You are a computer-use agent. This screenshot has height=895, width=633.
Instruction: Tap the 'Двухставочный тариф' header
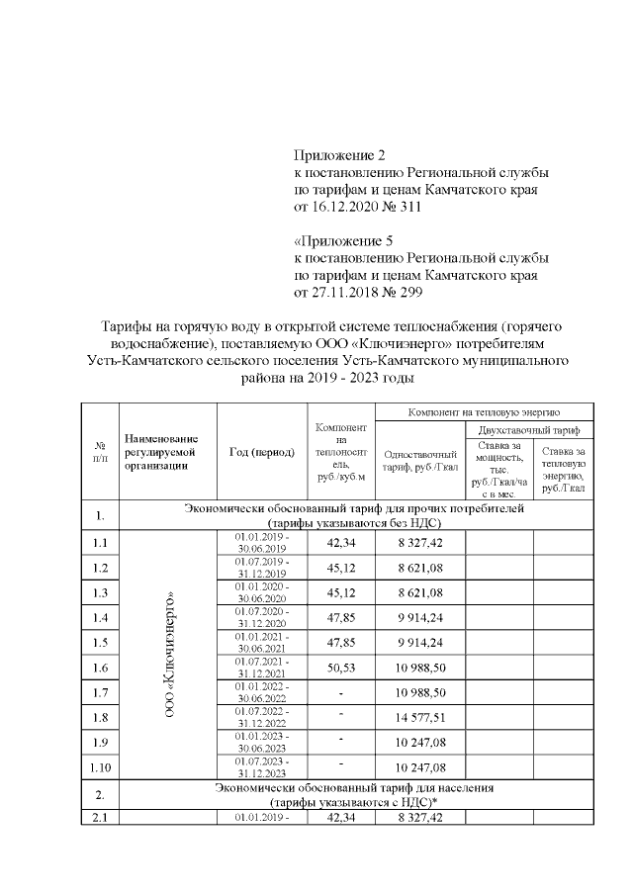tap(528, 430)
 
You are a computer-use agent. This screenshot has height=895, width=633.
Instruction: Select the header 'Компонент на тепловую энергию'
tap(485, 410)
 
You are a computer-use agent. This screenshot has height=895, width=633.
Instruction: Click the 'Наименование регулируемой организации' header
tap(163, 452)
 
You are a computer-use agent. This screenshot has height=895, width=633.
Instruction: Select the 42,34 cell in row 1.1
tap(340, 542)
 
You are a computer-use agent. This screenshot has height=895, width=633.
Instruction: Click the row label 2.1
tap(99, 818)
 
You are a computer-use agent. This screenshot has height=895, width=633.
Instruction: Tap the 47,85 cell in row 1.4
tap(340, 618)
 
